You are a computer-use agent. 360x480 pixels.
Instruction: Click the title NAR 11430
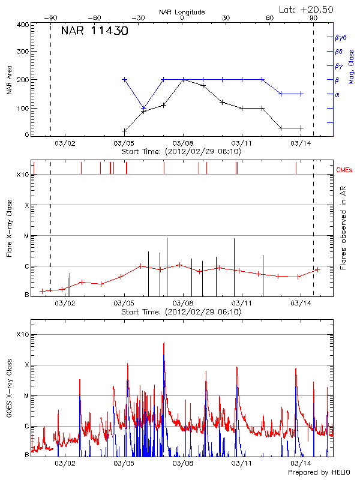[x=94, y=31]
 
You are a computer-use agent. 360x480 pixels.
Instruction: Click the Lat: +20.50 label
[x=307, y=9]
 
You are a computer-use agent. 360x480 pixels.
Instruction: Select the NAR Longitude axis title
[x=182, y=11]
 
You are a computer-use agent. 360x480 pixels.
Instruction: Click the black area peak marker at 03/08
[x=183, y=79]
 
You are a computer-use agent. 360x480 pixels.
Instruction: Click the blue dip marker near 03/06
[x=143, y=108]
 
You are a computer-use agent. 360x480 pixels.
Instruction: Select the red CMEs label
[x=344, y=170]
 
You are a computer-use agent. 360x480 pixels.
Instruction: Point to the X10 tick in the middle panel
[x=23, y=175]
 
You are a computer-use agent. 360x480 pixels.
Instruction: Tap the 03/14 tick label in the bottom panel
[x=299, y=463]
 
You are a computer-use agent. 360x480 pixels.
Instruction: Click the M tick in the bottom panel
[x=26, y=395]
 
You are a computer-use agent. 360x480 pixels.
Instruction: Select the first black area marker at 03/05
[x=125, y=131]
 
